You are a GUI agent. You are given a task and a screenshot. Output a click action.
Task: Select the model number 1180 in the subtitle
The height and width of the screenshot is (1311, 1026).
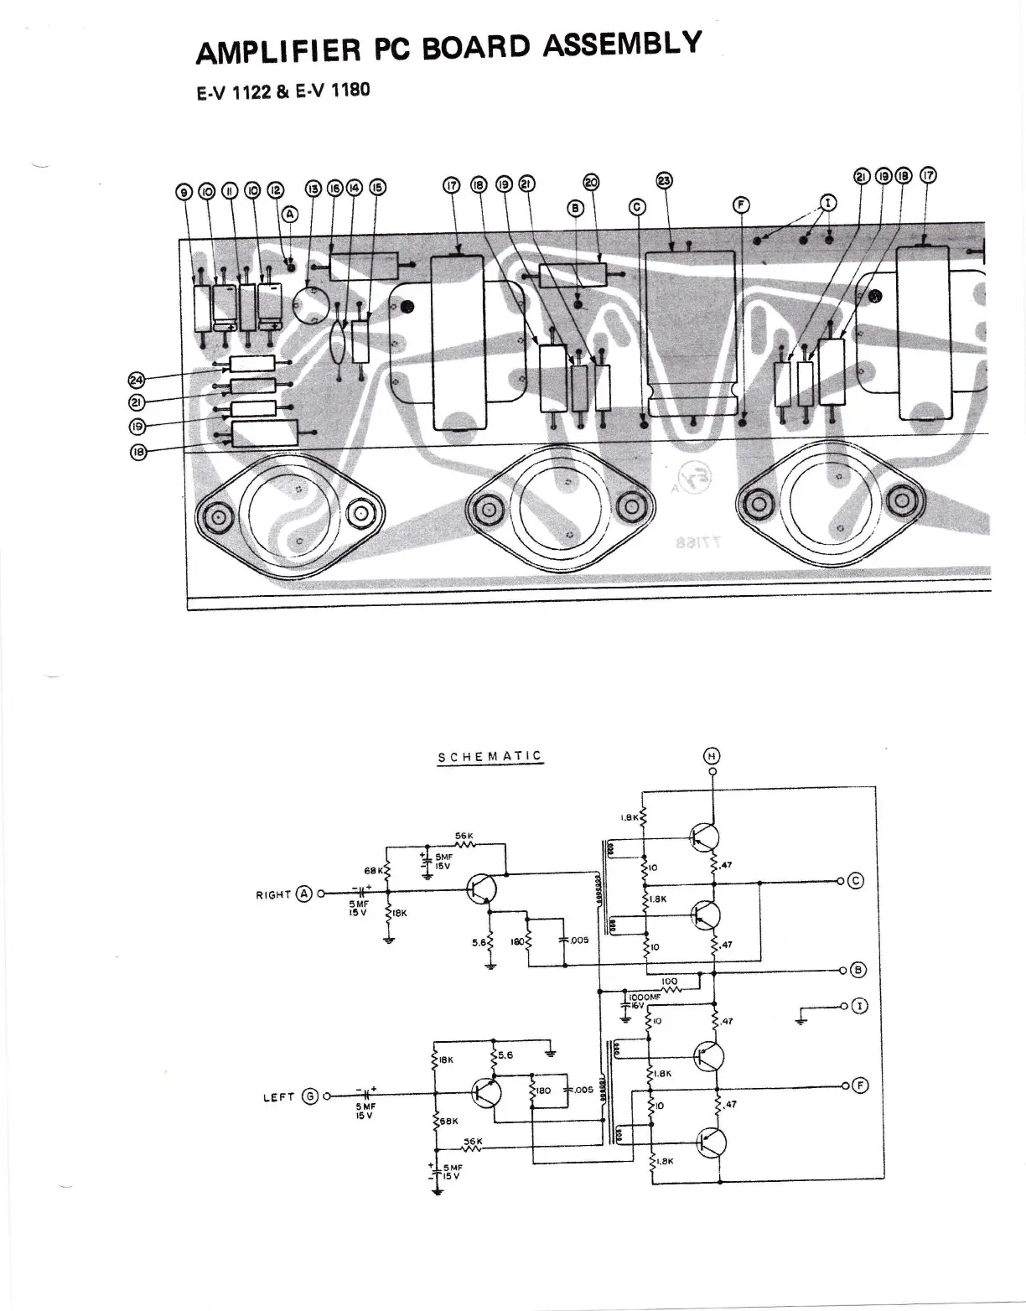[350, 90]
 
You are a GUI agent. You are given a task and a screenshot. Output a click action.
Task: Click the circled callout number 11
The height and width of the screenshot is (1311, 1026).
[229, 190]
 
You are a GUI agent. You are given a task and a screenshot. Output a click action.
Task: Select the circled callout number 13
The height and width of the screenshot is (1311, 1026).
[313, 190]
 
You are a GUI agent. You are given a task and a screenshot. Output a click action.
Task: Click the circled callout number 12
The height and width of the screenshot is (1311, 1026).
[275, 190]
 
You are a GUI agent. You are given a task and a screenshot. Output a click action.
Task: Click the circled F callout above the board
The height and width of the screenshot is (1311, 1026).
[742, 205]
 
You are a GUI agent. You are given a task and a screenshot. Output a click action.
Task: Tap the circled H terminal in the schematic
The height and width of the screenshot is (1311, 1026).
[712, 756]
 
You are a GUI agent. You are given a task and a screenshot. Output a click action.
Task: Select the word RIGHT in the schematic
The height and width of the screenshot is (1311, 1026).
[273, 894]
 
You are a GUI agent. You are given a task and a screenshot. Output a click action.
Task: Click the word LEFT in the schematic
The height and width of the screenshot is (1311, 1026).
[279, 1096]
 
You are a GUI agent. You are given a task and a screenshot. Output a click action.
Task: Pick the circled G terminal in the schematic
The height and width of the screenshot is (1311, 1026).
[309, 1096]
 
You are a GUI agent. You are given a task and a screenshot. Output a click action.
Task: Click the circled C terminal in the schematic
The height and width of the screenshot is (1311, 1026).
[856, 881]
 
